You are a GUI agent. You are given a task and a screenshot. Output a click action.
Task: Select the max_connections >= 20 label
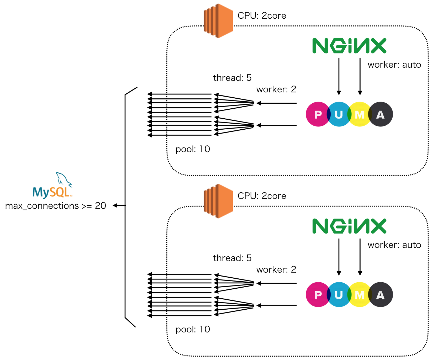(x=56, y=206)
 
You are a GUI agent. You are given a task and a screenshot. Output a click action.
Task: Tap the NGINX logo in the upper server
(x=349, y=46)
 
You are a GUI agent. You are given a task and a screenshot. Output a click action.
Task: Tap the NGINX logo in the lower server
(x=349, y=226)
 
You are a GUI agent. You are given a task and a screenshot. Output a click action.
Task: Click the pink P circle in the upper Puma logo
(x=318, y=114)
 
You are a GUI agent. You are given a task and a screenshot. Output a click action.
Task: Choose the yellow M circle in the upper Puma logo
(x=360, y=114)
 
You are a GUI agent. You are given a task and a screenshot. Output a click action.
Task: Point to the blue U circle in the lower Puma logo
(x=339, y=295)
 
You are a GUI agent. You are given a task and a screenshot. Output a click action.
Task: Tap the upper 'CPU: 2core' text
(x=262, y=16)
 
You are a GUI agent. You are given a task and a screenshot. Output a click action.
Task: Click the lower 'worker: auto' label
(x=394, y=245)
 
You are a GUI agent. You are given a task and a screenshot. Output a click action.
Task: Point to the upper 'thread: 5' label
(x=232, y=78)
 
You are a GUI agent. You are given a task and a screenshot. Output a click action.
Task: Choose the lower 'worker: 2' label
(x=276, y=270)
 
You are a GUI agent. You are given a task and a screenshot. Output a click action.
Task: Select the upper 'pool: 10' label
(x=193, y=149)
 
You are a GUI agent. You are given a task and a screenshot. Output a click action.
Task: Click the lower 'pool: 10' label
(x=193, y=330)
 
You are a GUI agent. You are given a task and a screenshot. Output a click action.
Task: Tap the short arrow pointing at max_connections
(x=119, y=205)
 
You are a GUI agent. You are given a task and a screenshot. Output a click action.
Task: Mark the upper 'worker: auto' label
(x=394, y=65)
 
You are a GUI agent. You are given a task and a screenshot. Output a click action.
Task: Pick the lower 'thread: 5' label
(x=232, y=258)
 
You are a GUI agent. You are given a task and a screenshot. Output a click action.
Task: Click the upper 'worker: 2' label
(x=276, y=89)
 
